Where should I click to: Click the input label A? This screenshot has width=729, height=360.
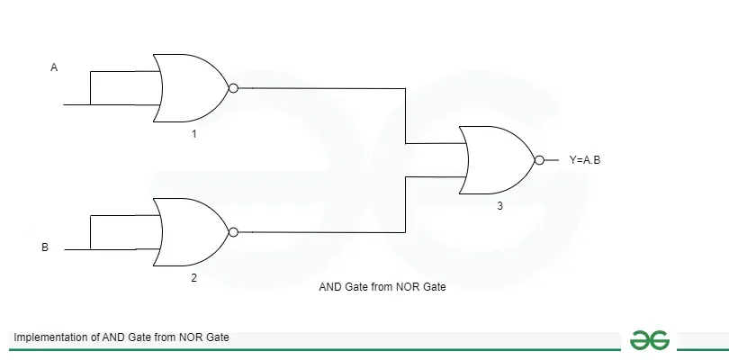pyautogui.click(x=54, y=67)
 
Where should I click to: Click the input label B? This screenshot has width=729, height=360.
pyautogui.click(x=45, y=246)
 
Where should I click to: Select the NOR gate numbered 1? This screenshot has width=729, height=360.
pyautogui.click(x=193, y=87)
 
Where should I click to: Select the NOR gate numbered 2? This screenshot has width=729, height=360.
pyautogui.click(x=193, y=232)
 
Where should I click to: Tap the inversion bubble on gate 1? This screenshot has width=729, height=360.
pyautogui.click(x=234, y=88)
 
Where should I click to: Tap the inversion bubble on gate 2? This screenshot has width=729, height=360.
pyautogui.click(x=234, y=232)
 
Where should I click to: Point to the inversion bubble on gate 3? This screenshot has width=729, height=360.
pyautogui.click(x=539, y=160)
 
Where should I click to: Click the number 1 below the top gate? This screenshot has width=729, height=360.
pyautogui.click(x=193, y=133)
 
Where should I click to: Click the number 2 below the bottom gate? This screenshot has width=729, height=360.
pyautogui.click(x=193, y=277)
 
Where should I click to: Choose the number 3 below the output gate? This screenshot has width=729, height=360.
pyautogui.click(x=499, y=206)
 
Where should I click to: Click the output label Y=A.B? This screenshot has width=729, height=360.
pyautogui.click(x=585, y=160)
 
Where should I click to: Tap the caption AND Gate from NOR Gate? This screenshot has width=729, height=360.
pyautogui.click(x=382, y=288)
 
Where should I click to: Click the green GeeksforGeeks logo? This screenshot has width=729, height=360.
pyautogui.click(x=649, y=339)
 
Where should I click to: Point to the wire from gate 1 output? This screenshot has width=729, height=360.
pyautogui.click(x=324, y=88)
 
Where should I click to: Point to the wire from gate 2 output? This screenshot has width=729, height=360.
pyautogui.click(x=324, y=232)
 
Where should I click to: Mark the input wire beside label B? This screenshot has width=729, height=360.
pyautogui.click(x=76, y=247)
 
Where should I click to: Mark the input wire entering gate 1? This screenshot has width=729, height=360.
pyautogui.click(x=76, y=103)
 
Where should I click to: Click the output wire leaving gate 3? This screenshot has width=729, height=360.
pyautogui.click(x=553, y=160)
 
